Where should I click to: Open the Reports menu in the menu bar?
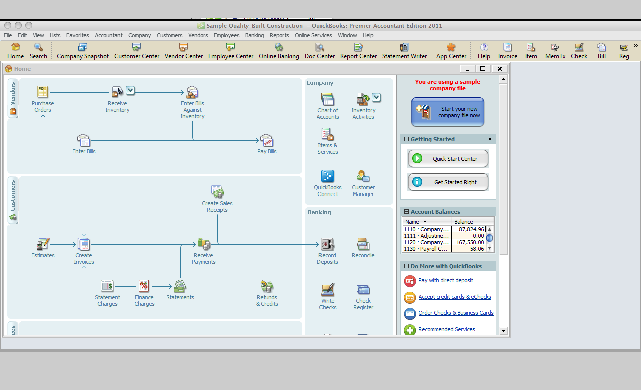279,35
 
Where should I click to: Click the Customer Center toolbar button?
137,51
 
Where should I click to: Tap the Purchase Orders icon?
43,92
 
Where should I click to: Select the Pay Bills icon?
267,140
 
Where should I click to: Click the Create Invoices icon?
84,244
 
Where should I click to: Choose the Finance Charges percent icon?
144,286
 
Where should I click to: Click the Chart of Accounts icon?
328,99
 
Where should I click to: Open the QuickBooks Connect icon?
328,176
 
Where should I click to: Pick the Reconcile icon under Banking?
363,244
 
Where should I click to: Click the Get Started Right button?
448,182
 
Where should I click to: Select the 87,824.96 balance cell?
468,229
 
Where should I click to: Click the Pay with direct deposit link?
446,280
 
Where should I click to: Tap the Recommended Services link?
446,329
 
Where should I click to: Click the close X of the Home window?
500,69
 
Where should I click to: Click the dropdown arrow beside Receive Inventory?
130,91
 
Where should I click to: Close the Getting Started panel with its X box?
490,139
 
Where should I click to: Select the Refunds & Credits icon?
267,286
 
